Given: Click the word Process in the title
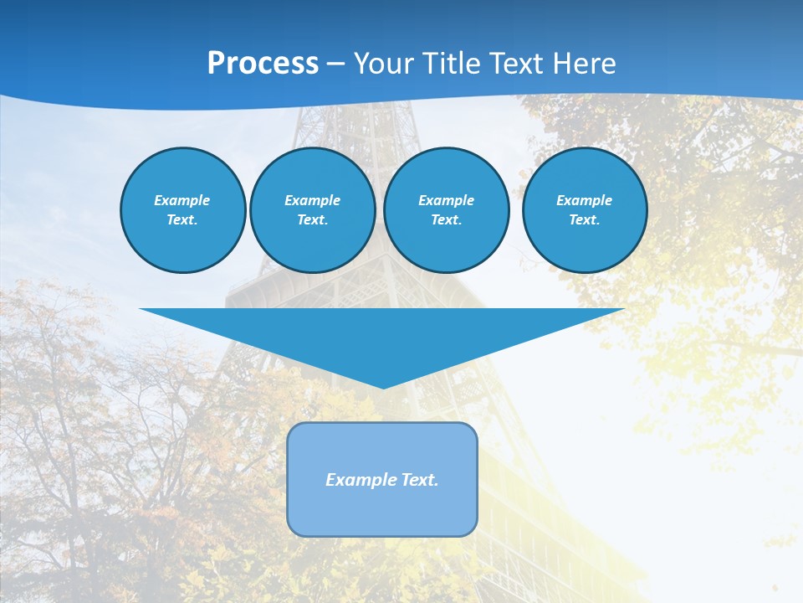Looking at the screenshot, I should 263,64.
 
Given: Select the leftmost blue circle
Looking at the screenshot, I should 182,209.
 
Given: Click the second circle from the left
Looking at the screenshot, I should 312,209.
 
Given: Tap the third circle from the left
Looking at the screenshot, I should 446,209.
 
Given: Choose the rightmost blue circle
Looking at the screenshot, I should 584,209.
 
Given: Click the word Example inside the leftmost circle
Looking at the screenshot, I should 182,200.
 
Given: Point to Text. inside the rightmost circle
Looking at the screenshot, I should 584,220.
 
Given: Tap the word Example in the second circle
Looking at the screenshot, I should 312,200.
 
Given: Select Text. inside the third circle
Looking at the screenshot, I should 446,220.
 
